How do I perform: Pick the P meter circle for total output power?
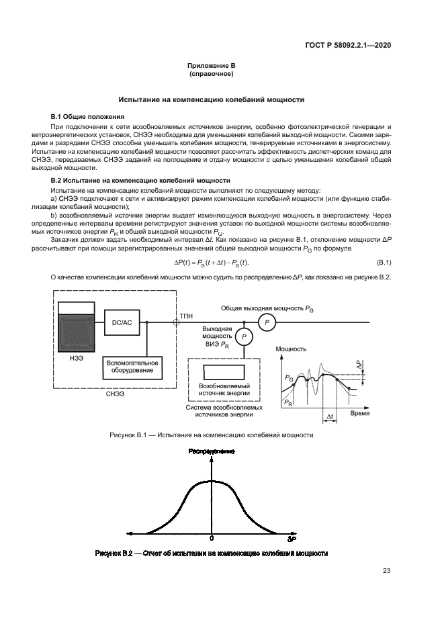(267, 323)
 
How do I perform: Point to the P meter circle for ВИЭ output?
(245, 337)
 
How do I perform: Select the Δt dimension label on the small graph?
(330, 416)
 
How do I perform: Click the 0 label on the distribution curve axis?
(211, 539)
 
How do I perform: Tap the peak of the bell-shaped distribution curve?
(211, 480)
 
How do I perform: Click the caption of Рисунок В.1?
(211, 435)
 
